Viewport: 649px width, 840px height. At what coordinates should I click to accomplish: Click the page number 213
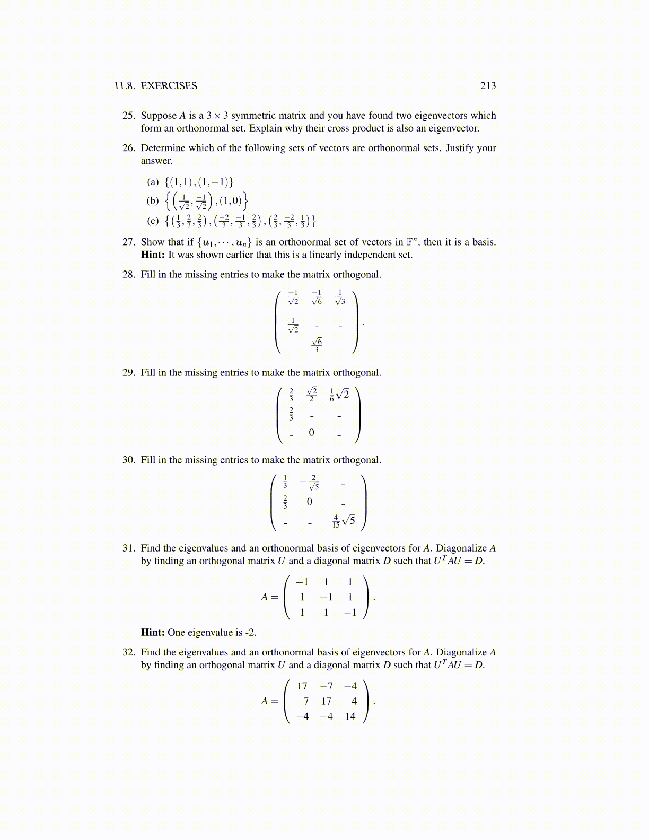488,86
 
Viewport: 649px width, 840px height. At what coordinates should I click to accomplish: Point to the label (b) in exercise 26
153,200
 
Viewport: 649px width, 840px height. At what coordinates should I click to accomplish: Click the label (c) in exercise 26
153,221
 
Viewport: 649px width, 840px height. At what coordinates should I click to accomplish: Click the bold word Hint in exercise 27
152,255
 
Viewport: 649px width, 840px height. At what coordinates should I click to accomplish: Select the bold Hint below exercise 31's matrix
152,633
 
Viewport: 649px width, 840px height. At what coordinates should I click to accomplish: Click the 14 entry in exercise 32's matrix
350,716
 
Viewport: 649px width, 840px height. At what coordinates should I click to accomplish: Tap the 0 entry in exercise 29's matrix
311,433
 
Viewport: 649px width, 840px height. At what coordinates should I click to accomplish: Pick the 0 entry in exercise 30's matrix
310,502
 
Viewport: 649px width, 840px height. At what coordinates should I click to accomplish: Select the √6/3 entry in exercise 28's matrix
317,344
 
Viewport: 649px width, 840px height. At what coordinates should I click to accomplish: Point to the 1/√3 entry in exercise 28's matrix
340,297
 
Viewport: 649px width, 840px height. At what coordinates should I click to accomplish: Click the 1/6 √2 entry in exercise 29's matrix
339,395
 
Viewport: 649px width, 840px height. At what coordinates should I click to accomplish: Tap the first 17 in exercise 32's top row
302,686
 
